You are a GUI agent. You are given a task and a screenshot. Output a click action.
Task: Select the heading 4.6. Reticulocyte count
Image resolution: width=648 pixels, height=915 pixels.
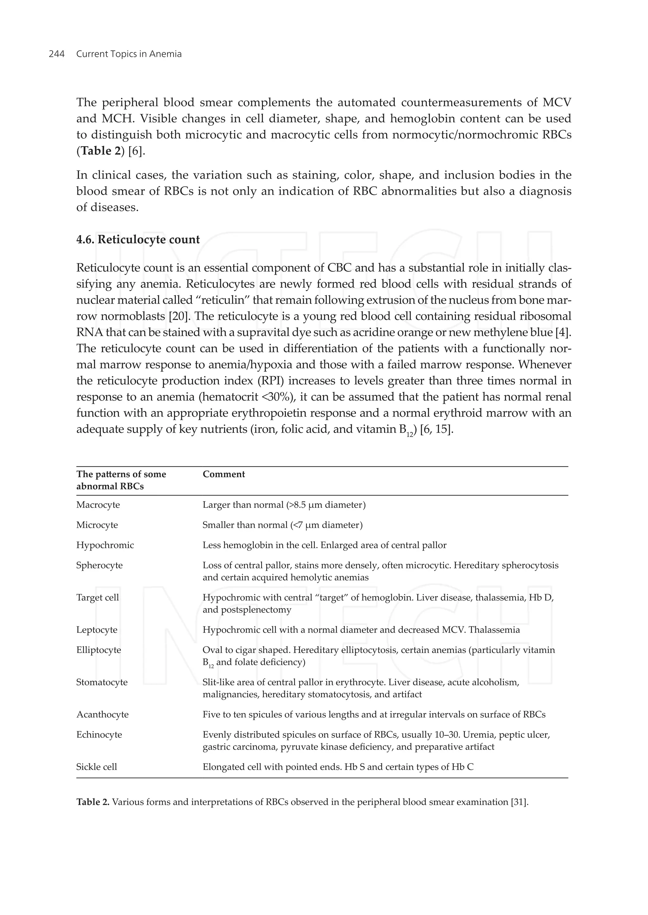point(138,240)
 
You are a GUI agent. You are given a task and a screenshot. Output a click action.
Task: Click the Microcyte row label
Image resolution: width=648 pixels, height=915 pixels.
point(97,525)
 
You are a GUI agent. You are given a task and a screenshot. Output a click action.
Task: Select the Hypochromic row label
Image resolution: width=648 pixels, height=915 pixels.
point(105,545)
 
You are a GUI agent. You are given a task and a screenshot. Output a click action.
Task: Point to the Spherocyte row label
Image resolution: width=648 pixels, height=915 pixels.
point(99,565)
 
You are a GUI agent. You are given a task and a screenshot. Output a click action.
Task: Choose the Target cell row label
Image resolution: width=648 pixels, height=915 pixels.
point(97,597)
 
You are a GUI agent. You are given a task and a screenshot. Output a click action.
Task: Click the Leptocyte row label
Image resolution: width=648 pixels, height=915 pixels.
point(97,630)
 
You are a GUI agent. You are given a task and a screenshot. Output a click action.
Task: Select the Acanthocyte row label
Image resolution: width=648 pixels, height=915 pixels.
point(102,714)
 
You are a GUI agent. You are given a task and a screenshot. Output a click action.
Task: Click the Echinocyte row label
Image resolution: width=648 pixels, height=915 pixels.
point(99,735)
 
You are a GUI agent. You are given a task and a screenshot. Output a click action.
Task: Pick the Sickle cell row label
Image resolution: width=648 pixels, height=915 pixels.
point(97,767)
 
